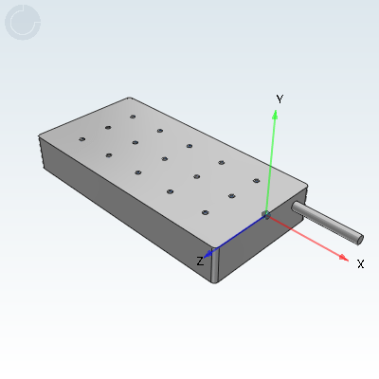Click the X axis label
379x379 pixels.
coord(360,263)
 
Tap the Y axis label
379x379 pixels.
coord(280,99)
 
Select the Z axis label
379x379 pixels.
coord(200,262)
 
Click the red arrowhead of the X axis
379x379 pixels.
coord(344,258)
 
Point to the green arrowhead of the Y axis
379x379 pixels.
coord(275,115)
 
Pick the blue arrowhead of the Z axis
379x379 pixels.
coord(208,254)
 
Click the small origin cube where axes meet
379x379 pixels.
coord(266,215)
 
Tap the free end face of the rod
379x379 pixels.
coord(360,240)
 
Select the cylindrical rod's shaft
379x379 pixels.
coord(327,222)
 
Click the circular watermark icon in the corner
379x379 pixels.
coord(23,23)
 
